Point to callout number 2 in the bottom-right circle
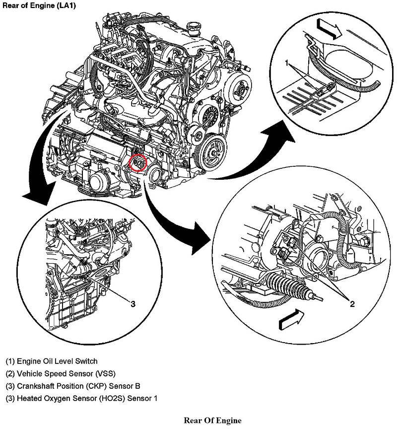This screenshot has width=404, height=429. tap(352, 304)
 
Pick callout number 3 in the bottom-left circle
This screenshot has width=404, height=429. tap(133, 304)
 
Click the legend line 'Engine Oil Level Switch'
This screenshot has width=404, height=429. tap(52, 361)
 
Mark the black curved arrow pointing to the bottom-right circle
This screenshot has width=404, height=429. tap(174, 218)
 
